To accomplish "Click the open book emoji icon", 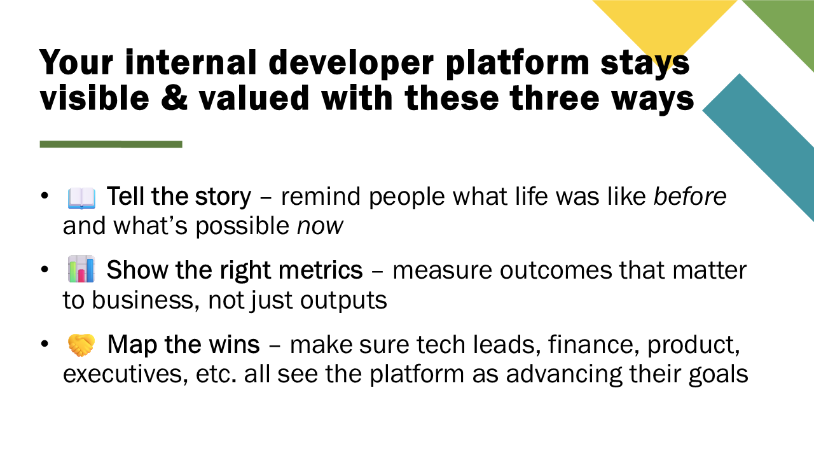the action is [81, 198].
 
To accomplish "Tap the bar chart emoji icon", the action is [81, 269].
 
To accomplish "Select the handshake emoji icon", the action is [81, 345].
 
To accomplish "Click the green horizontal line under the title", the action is [111, 144].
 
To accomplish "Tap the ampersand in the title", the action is [174, 98].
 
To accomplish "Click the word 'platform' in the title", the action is [517, 63].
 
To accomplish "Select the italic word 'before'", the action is [690, 197].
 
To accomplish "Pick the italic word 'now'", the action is [320, 226].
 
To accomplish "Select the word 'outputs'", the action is [343, 301].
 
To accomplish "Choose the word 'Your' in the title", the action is [77, 62].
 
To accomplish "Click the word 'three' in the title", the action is [555, 98].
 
